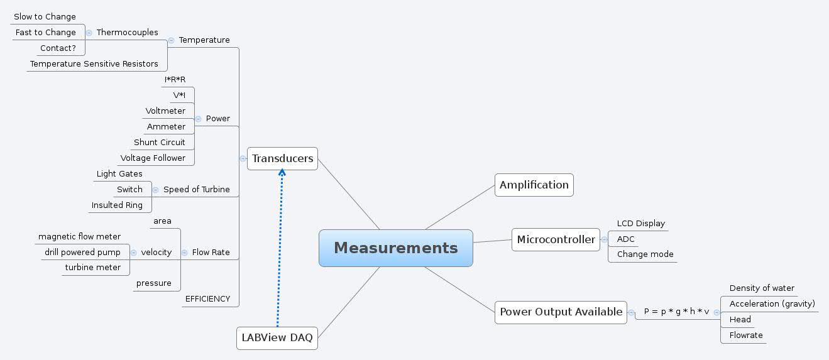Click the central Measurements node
click(395, 248)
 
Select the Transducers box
click(282, 159)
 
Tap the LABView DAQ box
click(277, 338)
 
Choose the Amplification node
click(534, 185)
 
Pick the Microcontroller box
click(556, 239)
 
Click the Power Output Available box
click(561, 312)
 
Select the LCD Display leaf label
click(640, 224)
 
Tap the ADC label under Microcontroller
click(626, 239)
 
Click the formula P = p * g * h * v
click(676, 312)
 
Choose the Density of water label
click(762, 288)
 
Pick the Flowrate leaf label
click(746, 335)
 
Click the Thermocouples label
click(128, 33)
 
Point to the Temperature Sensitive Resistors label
click(94, 64)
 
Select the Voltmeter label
click(165, 111)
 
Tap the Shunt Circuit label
click(160, 143)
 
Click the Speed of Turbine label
click(197, 190)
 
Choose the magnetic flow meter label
click(79, 237)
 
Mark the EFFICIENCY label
click(207, 299)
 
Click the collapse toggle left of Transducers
click(243, 159)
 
